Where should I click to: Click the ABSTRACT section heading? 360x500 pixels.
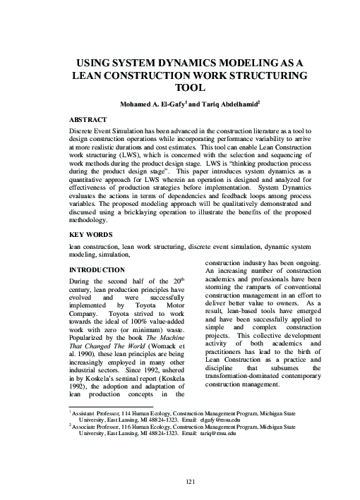tap(88, 120)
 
